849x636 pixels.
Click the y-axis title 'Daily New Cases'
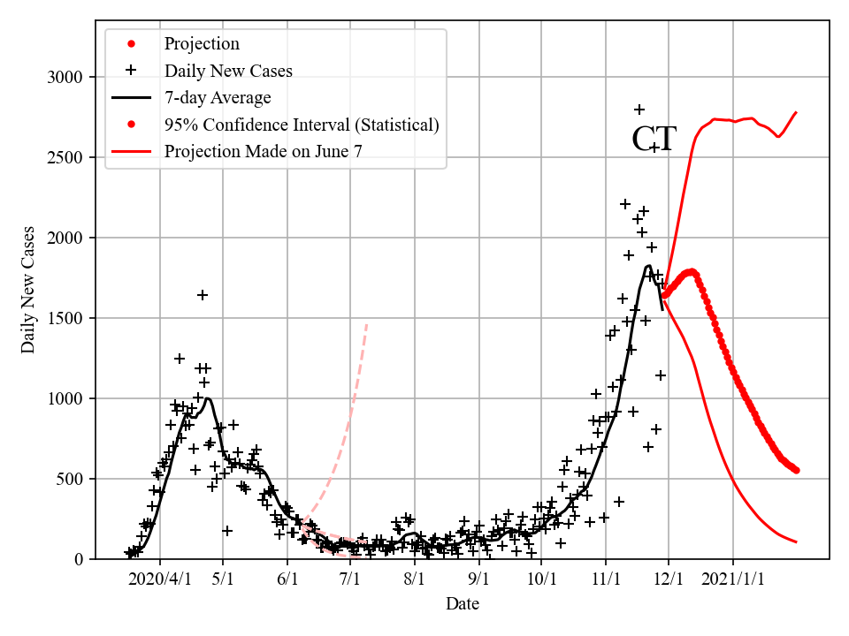pos(28,290)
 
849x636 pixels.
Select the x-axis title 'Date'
pos(463,604)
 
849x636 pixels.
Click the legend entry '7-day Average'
pos(218,97)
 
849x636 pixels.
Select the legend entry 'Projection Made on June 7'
pos(263,152)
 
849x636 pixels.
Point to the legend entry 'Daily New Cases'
pos(228,70)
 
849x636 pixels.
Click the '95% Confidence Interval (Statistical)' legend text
pos(301,125)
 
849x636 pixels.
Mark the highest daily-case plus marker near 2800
pos(639,110)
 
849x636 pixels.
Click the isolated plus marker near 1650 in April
pos(203,295)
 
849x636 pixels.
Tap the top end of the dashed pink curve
pos(366,324)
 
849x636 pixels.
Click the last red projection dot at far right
pos(796,470)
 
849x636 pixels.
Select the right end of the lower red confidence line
pos(797,541)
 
